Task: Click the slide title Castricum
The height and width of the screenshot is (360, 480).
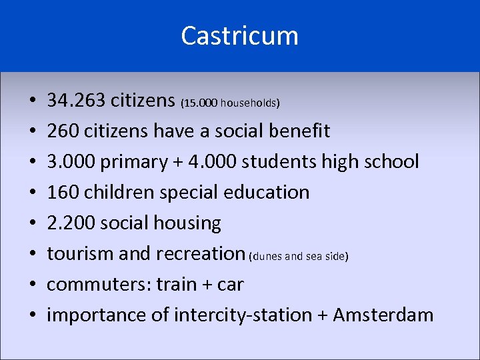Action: click(239, 36)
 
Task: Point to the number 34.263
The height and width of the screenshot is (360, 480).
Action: click(76, 101)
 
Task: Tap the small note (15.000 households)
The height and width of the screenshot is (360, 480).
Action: click(230, 103)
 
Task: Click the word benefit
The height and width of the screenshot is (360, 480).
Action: click(299, 131)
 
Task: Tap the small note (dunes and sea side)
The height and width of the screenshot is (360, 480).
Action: click(299, 256)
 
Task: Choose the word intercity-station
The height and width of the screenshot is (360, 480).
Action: click(243, 315)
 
